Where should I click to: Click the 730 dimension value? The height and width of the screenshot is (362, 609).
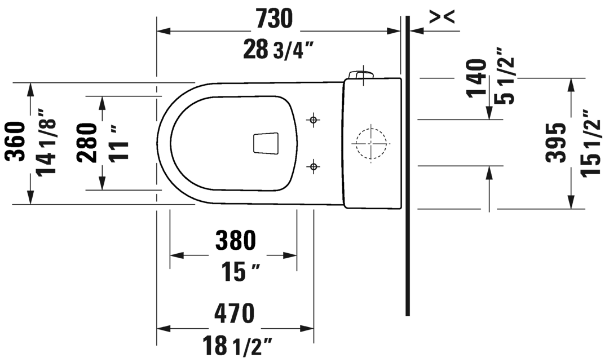click(x=275, y=19)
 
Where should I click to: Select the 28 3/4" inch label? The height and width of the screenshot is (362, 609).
click(x=278, y=50)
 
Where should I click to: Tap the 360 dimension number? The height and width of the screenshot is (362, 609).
click(x=17, y=142)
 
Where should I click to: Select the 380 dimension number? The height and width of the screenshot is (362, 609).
click(x=235, y=241)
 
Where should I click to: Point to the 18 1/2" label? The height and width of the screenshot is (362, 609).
click(x=238, y=345)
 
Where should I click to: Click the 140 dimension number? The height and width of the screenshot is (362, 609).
click(x=476, y=78)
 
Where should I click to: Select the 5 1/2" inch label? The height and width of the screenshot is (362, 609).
click(x=506, y=82)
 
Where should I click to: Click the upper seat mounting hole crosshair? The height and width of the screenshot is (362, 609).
click(x=314, y=120)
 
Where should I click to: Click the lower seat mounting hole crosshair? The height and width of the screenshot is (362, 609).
click(x=314, y=166)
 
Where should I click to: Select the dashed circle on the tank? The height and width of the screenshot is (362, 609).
click(x=371, y=143)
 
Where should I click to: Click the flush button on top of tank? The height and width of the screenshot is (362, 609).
click(x=361, y=74)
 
